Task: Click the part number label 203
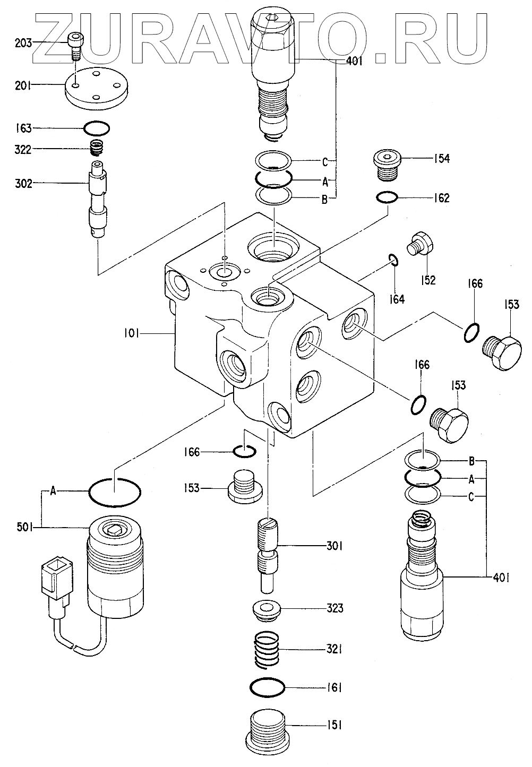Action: (23, 43)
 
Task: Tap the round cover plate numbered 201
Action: (97, 88)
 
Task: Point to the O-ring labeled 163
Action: (97, 128)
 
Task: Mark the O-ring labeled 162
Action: (387, 197)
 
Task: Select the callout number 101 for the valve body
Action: (131, 333)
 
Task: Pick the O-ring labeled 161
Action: (267, 687)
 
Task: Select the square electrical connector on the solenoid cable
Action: (57, 579)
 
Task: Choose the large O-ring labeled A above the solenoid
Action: (115, 492)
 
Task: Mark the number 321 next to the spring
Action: (334, 649)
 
